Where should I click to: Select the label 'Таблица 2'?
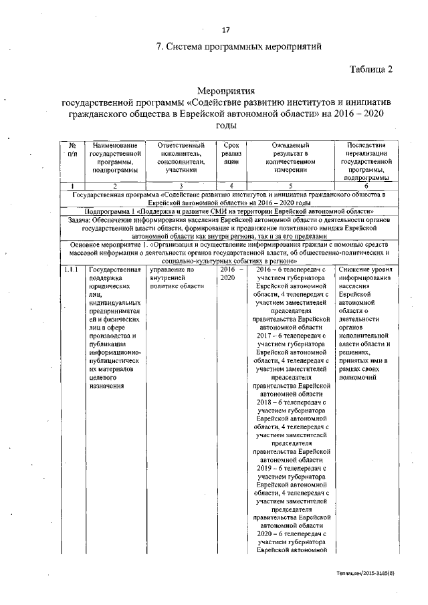(370, 69)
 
